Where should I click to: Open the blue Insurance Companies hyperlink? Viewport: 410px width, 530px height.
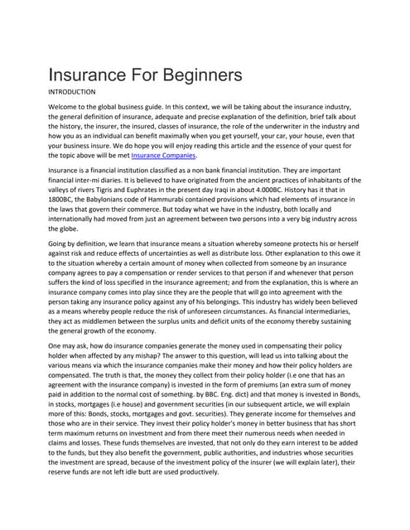(163, 155)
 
